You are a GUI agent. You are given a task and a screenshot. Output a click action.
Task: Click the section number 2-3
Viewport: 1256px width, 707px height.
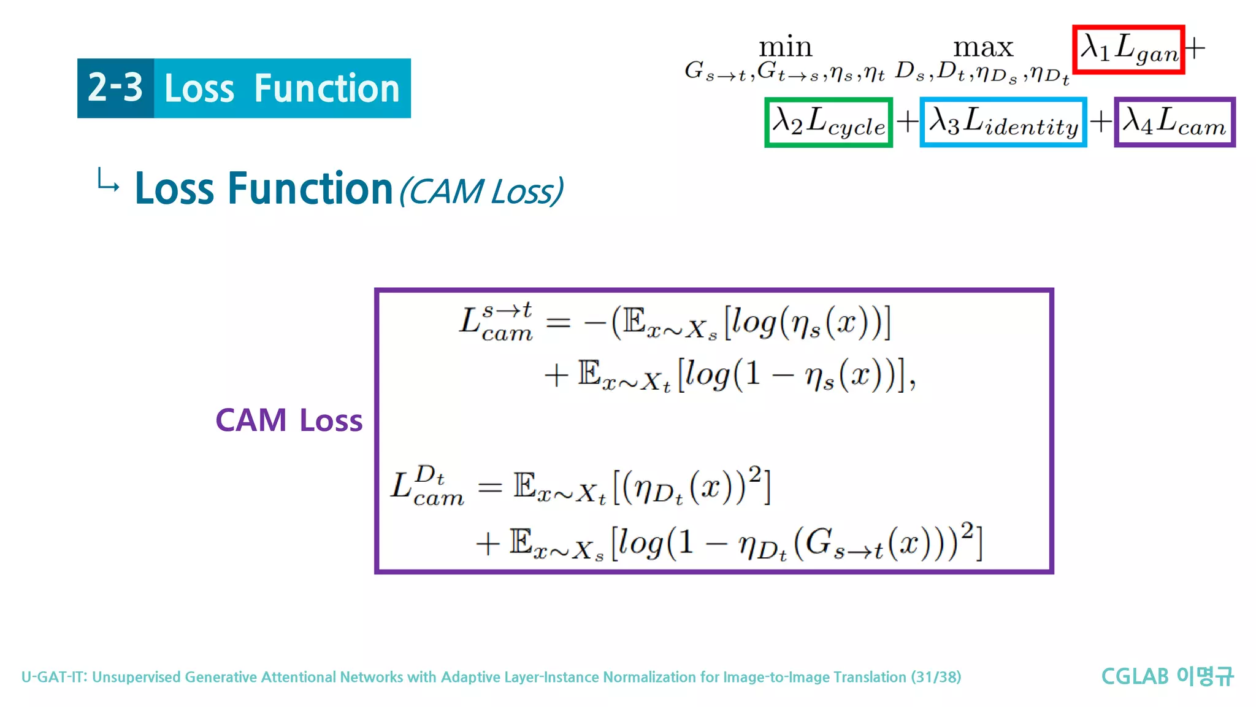click(115, 88)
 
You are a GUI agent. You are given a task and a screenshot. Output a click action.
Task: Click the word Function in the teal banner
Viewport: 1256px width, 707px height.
click(326, 88)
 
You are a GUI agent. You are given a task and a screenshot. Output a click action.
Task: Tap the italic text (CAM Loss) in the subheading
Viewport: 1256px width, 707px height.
click(481, 191)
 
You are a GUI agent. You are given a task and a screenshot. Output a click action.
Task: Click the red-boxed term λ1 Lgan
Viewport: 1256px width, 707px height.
click(1128, 49)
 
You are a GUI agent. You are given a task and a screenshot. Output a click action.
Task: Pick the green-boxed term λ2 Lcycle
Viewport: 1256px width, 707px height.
click(828, 122)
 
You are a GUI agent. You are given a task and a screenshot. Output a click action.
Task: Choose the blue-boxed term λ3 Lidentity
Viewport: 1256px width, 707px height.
click(1003, 122)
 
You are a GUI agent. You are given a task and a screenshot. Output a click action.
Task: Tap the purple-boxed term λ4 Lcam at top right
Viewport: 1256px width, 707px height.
click(1174, 122)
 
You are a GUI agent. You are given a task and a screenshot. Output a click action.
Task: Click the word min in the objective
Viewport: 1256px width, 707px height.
click(785, 47)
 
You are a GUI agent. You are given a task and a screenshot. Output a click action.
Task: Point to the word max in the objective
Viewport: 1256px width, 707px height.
click(983, 47)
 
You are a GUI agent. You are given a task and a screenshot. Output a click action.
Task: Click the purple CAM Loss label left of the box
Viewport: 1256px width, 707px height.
click(289, 420)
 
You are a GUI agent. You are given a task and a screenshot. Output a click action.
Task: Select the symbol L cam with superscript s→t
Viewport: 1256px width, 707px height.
click(496, 322)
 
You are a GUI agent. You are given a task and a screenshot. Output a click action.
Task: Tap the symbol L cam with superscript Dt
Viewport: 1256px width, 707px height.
click(427, 486)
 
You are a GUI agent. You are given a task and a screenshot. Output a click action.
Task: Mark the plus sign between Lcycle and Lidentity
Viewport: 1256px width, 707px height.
click(906, 122)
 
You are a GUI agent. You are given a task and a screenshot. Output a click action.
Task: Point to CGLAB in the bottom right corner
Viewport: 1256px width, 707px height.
click(1135, 676)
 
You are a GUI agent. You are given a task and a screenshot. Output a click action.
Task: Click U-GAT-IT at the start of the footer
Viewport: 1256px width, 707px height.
click(55, 677)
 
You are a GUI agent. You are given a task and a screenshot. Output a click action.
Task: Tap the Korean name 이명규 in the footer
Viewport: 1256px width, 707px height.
click(1205, 676)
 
